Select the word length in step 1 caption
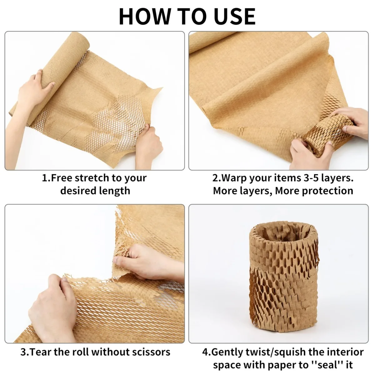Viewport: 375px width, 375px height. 114,191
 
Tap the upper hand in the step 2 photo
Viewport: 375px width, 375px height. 353,120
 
